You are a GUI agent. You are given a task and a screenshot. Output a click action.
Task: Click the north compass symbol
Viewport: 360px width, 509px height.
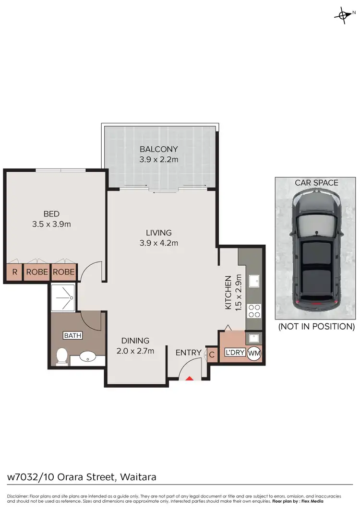tap(342, 15)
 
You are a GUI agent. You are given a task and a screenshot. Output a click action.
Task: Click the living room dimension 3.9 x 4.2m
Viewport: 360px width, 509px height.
tap(158, 243)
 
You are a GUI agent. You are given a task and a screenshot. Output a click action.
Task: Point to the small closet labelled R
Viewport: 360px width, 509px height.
tap(14, 272)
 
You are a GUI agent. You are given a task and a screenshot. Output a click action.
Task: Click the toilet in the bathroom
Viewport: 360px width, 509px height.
tap(61, 356)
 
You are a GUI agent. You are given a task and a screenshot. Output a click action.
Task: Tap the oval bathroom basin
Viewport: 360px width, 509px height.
tap(87, 357)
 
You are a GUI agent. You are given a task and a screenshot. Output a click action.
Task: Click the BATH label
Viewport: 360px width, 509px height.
tap(73, 336)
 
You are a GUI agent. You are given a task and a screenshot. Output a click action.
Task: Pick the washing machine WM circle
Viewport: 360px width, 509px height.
tap(254, 353)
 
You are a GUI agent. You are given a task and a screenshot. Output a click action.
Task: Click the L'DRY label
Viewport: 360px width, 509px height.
tap(235, 353)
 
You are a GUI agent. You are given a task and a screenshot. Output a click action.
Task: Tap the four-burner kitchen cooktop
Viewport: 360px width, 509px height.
tap(254, 311)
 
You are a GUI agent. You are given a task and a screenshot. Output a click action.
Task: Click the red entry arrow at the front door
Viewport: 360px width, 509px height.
tap(190, 379)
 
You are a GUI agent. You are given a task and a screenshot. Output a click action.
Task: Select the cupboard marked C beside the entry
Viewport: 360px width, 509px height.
tap(212, 355)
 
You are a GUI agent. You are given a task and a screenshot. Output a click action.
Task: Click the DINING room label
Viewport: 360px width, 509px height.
tap(135, 341)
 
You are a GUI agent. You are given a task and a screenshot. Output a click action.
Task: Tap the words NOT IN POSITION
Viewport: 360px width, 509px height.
tap(316, 327)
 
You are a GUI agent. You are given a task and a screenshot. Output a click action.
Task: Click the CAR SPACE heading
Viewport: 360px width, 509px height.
tap(316, 183)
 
